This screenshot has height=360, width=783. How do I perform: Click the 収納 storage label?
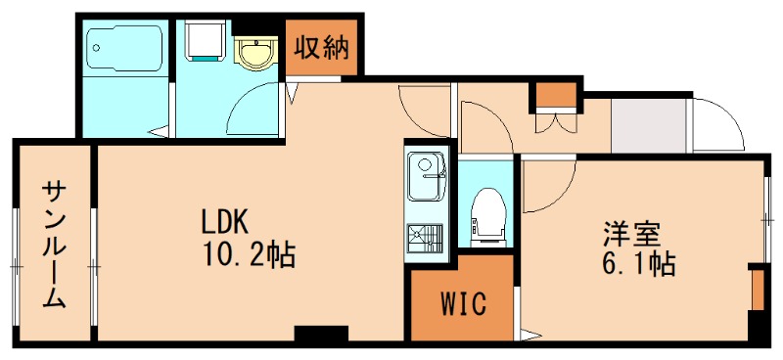coord(323,47)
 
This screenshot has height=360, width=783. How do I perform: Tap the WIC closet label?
coord(462,304)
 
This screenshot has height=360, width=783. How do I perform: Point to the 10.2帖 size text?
coord(249,255)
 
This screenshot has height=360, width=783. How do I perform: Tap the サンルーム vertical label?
coord(54,245)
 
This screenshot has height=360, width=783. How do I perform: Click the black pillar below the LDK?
coord(320,335)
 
